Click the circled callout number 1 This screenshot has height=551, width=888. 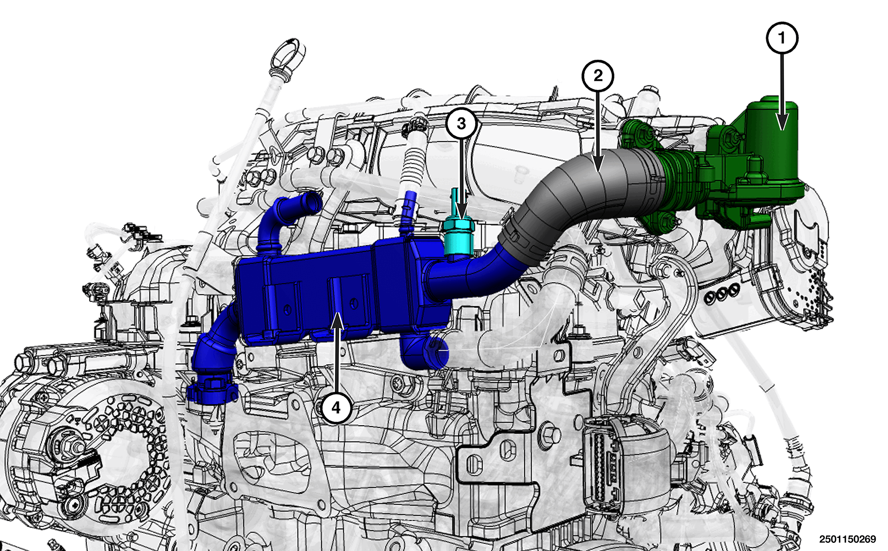[x=782, y=38]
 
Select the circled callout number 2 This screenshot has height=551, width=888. [x=598, y=76]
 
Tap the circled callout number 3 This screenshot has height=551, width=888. [x=461, y=123]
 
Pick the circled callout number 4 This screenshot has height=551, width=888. [x=336, y=407]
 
